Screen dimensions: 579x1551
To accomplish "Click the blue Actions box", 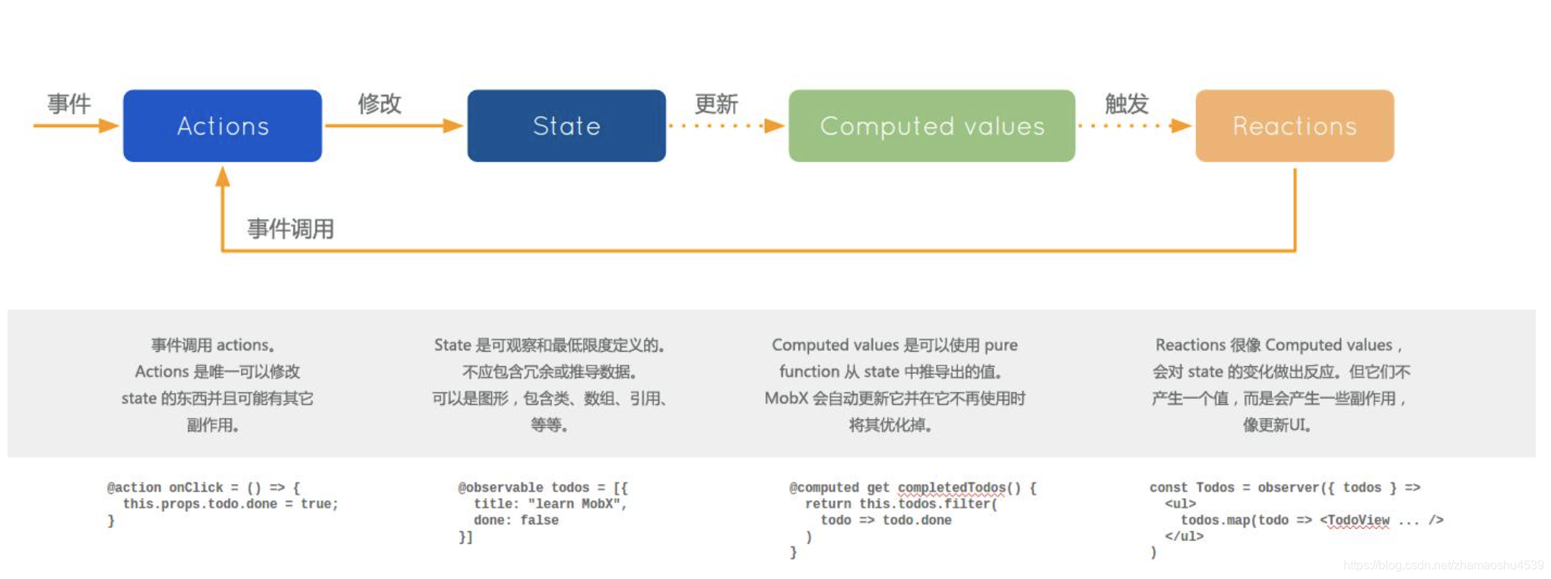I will point(222,125).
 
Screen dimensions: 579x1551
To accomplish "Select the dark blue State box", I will point(566,125).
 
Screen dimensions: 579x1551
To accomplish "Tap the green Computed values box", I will point(931,125).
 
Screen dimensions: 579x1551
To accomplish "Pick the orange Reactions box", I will point(1294,125).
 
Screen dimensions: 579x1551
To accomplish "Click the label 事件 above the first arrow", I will point(68,103).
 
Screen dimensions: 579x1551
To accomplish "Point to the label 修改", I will point(379,103).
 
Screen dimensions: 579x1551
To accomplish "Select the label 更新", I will point(715,103).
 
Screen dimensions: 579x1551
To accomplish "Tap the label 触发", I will point(1126,103).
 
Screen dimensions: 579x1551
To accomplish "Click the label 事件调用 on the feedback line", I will point(290,228).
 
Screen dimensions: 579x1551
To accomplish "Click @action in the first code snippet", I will point(134,487).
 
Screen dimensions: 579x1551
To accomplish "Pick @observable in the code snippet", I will point(500,487).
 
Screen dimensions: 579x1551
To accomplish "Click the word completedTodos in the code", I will point(951,487).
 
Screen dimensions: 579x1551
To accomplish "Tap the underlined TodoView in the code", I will point(1358,520).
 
